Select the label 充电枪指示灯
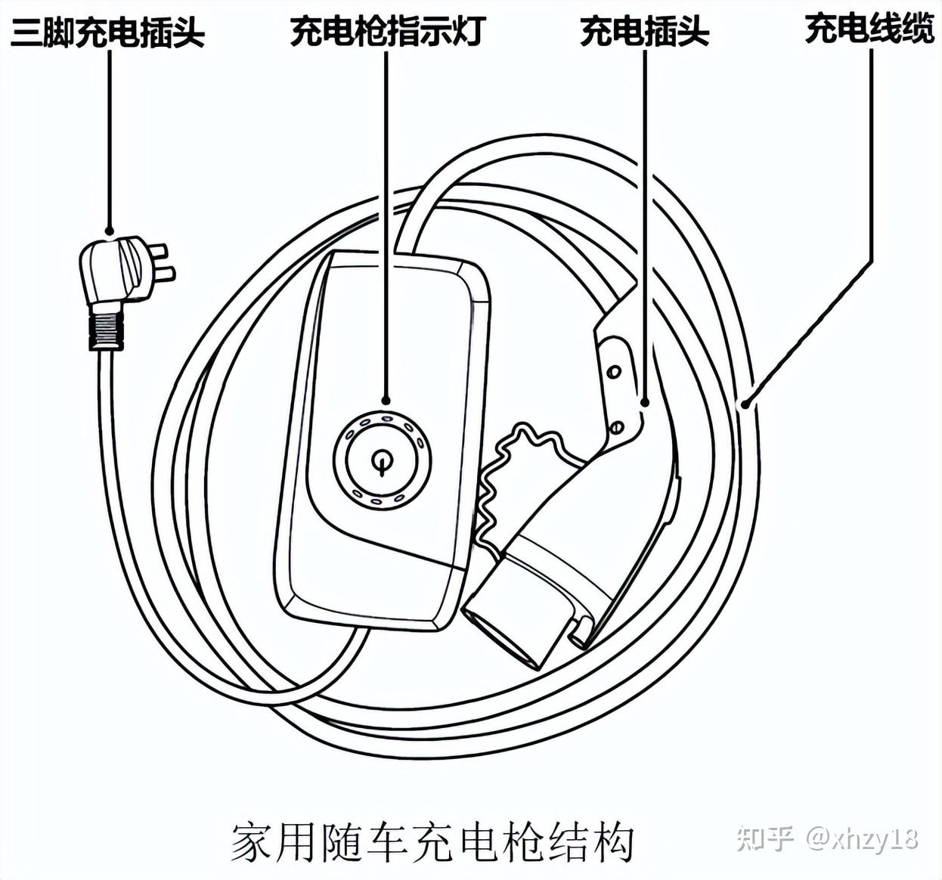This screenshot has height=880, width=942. coord(386,32)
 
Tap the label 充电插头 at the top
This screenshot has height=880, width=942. coord(644,32)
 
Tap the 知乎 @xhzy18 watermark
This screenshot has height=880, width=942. coord(827,838)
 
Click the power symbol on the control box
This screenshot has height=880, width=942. coord(383,460)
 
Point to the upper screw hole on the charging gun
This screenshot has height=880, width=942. coord(615,371)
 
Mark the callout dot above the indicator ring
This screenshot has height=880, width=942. coord(386,401)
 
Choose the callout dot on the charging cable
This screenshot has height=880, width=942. coord(745,404)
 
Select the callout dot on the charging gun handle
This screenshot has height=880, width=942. coord(644,402)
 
